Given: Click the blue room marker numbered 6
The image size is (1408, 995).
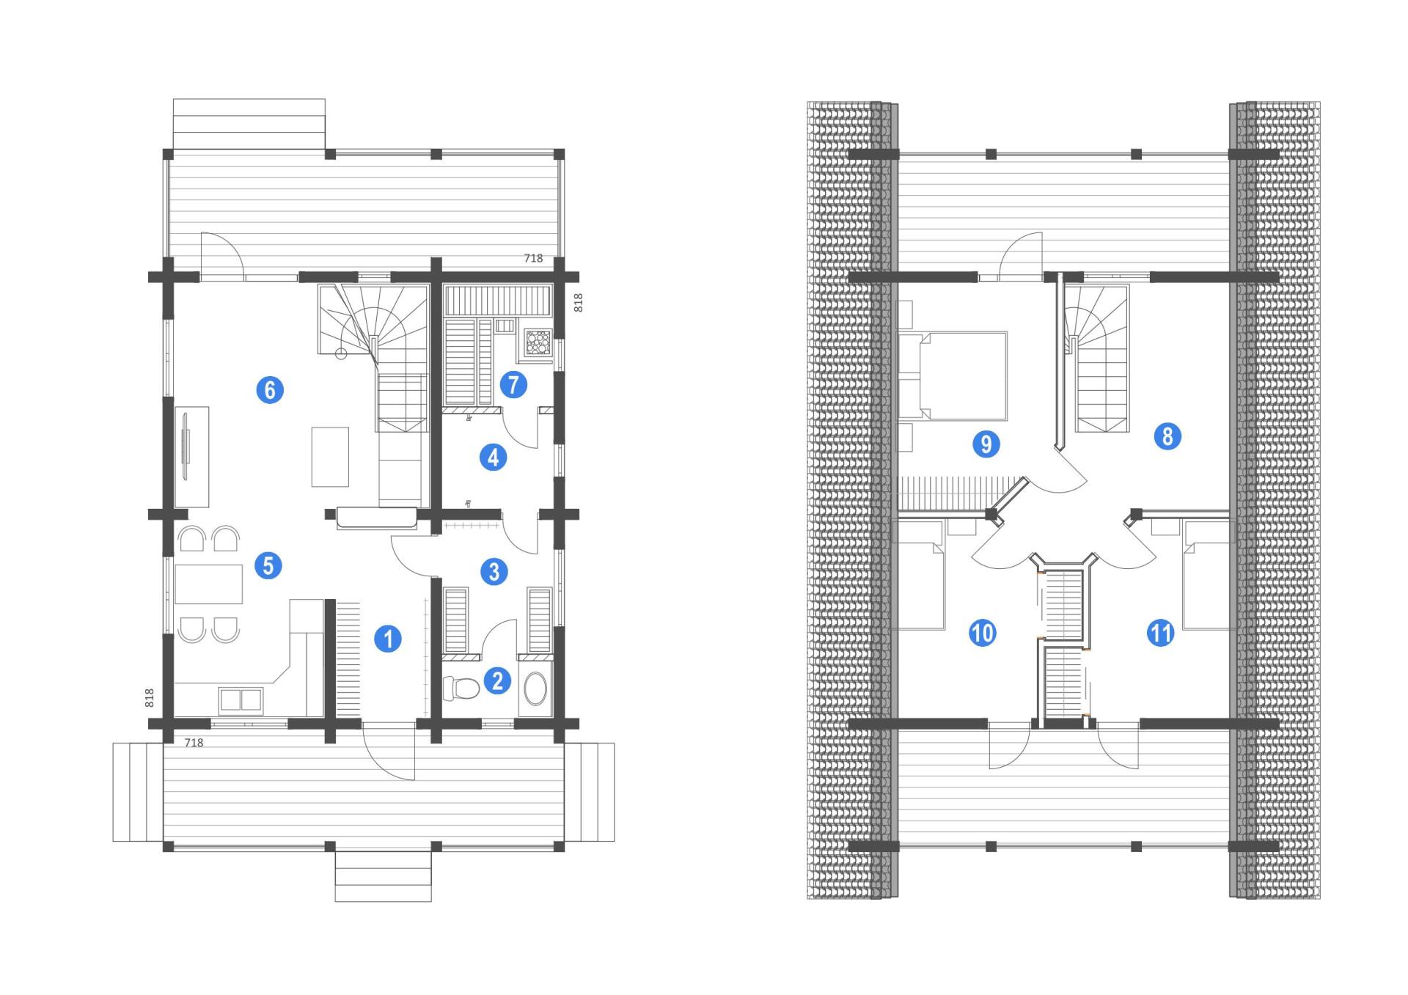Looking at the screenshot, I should [270, 389].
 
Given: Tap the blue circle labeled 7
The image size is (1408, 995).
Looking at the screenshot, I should [513, 384].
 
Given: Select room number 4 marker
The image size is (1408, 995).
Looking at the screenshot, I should [493, 458].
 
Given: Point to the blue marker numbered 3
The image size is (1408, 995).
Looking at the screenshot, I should [494, 571].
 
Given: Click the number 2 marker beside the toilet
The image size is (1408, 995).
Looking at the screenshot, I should [497, 680].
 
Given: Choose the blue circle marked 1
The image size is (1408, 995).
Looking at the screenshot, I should [388, 639].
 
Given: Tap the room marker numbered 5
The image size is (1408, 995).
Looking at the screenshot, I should [268, 565].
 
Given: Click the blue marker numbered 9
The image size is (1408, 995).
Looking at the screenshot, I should [986, 444].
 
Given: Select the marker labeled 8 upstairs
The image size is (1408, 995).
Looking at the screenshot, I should [1167, 437].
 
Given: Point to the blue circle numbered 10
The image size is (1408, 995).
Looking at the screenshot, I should [982, 633].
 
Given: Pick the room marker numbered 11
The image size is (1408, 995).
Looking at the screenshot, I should [1160, 633].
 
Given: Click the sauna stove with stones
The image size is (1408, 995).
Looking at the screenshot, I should [538, 342].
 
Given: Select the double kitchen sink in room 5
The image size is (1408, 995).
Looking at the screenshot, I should [241, 700].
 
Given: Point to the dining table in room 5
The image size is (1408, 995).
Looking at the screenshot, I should [209, 584].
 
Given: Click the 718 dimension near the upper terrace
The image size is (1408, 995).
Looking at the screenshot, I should [533, 258].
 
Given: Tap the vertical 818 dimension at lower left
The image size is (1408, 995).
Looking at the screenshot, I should [150, 697].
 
